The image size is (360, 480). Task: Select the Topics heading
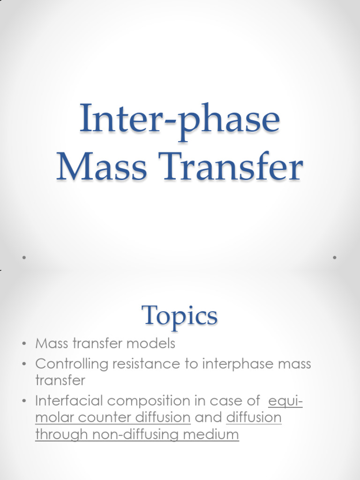[x=180, y=316]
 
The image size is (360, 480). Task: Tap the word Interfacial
[x=67, y=401]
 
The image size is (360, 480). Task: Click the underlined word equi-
[x=285, y=402]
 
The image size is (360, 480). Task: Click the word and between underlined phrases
[x=208, y=418]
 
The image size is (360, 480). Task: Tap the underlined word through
[x=62, y=435]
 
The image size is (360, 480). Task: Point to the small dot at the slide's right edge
[x=335, y=257]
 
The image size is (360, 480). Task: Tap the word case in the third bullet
[x=245, y=401]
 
